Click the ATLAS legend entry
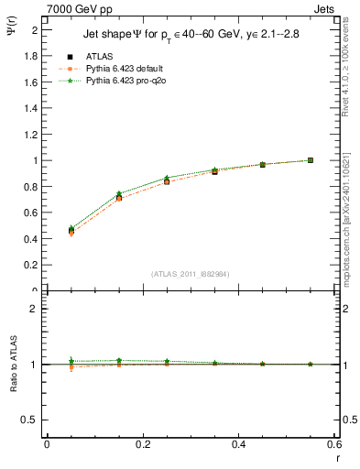pyautogui.click(x=98, y=57)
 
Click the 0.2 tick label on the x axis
pyautogui.click(x=143, y=444)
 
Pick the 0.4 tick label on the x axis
pyautogui.click(x=239, y=444)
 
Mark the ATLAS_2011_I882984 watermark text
pyautogui.click(x=191, y=274)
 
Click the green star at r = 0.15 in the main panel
pyautogui.click(x=119, y=193)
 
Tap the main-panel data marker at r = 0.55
pyautogui.click(x=311, y=160)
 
